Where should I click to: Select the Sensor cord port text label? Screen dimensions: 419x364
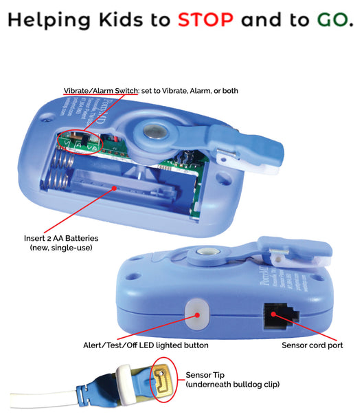click(312, 345)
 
